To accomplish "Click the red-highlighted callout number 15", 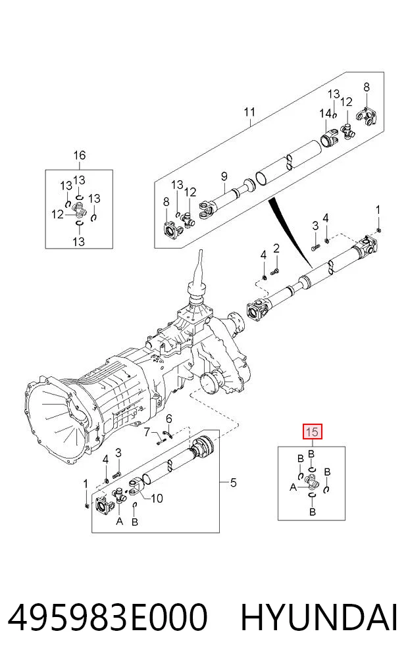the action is point(312,432).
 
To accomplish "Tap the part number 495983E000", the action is point(107,618).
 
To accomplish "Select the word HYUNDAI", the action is point(319,618).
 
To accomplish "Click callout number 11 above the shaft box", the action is point(249,112).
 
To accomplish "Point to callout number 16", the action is point(80,155).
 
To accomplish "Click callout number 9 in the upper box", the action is point(224,176).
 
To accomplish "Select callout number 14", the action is point(325,114).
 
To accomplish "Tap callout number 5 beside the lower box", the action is point(233,483).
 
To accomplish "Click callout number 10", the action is point(157,498).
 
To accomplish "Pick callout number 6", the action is point(169,419).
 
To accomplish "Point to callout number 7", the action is point(147,433).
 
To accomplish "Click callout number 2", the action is point(276,248).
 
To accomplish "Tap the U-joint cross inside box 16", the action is point(79,209).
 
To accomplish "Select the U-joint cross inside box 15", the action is point(312,483).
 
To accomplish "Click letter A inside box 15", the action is point(293,487).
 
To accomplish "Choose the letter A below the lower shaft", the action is point(120,521).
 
